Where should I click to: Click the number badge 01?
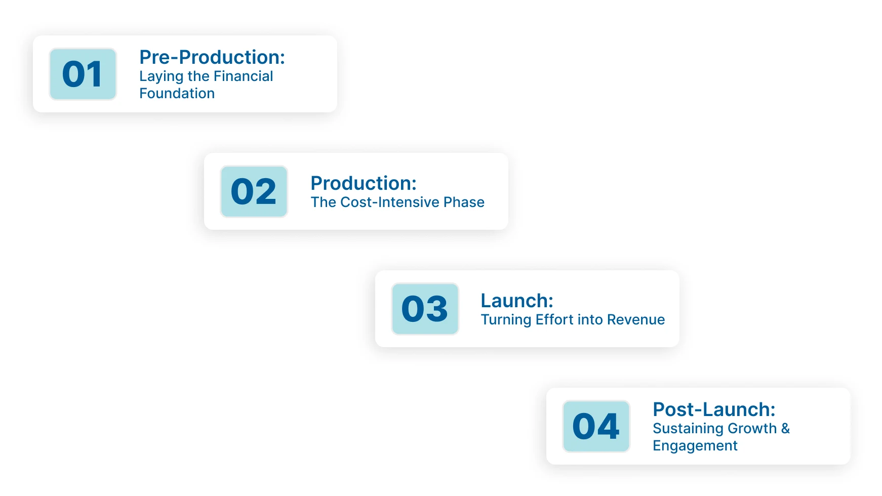(83, 74)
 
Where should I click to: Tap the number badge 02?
(254, 192)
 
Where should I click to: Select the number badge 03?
(425, 309)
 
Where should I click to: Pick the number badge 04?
(596, 426)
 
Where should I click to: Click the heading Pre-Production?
(212, 57)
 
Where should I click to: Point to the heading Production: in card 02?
(364, 183)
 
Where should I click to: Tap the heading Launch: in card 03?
(517, 301)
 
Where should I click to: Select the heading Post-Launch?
(714, 409)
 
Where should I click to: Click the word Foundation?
(177, 94)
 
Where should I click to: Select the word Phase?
(464, 202)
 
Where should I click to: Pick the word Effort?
(554, 320)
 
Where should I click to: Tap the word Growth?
(752, 429)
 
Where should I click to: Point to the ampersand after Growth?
(785, 429)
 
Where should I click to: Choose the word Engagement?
(695, 446)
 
